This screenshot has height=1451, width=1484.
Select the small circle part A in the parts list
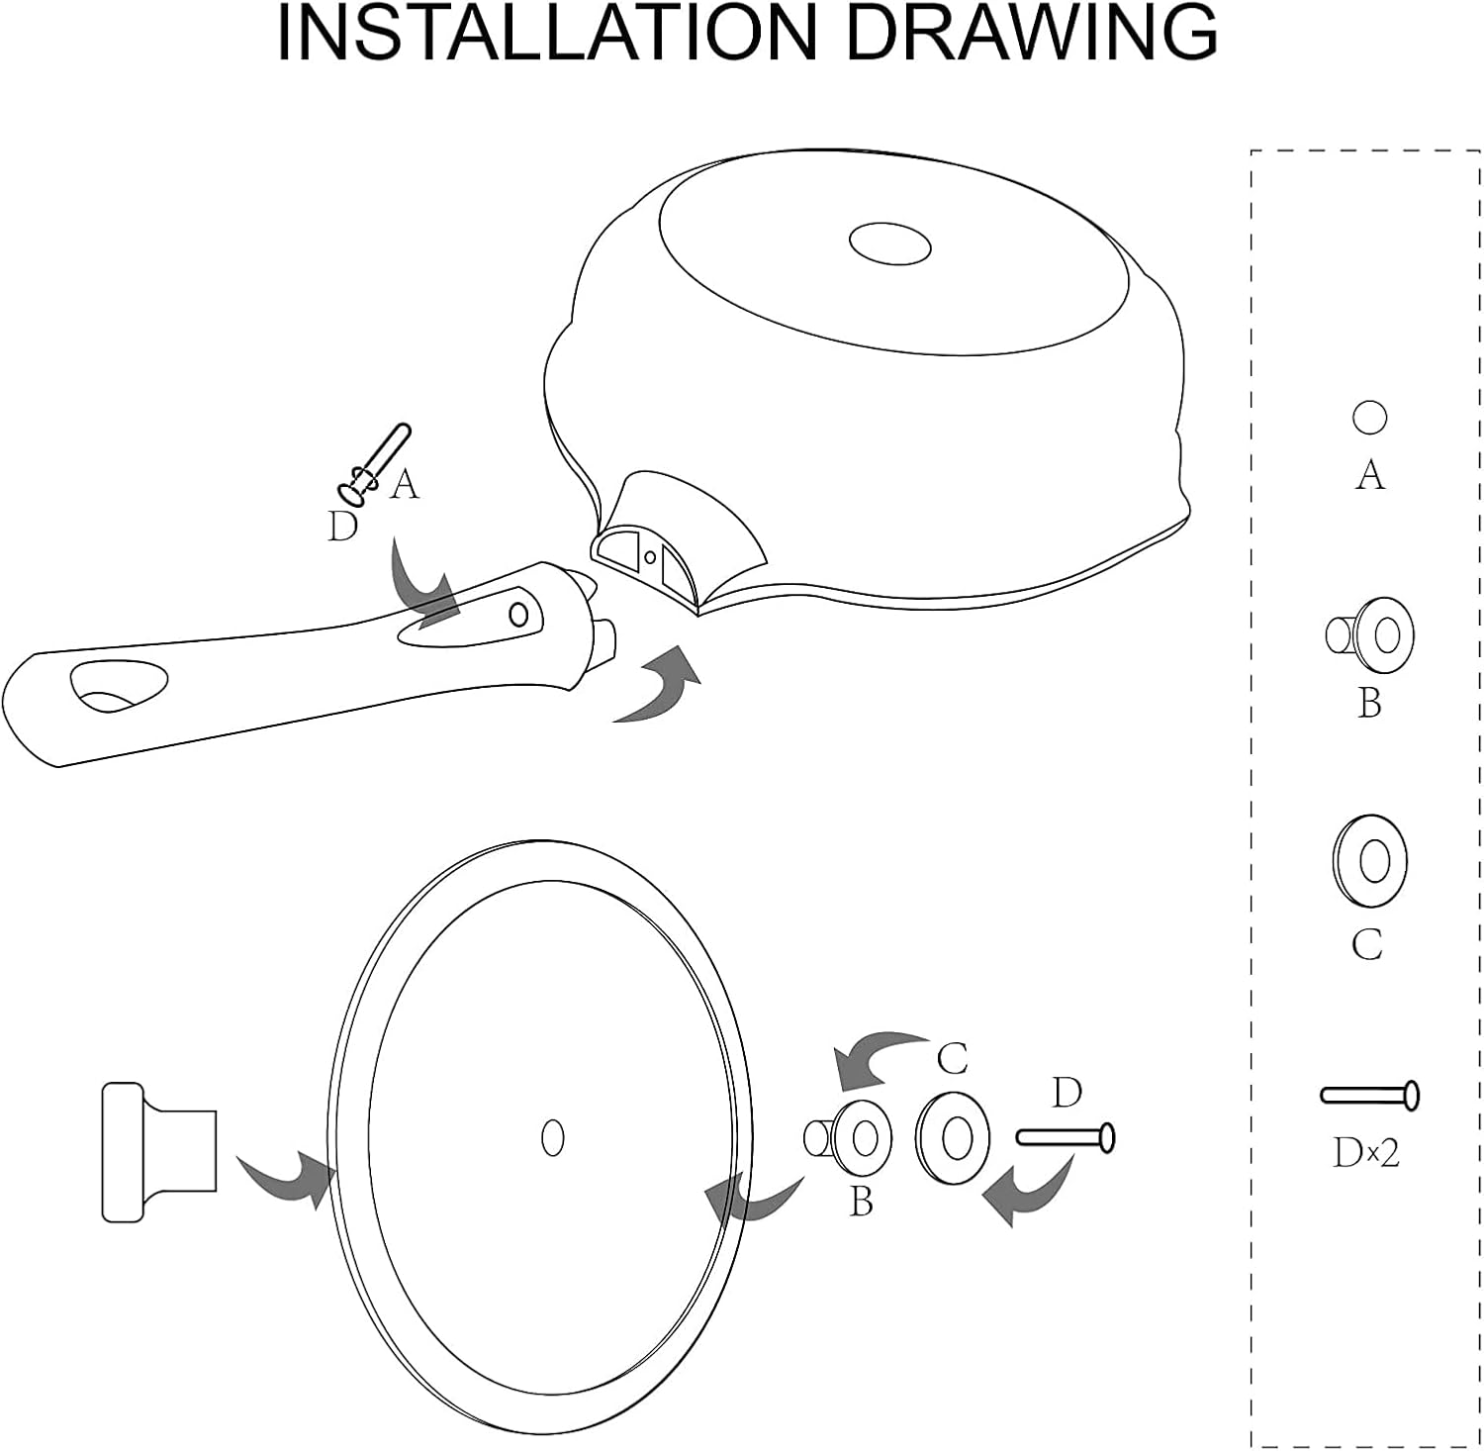coord(1369,417)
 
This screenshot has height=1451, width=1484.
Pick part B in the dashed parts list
coord(1370,634)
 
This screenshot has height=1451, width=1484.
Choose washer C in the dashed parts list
coord(1369,861)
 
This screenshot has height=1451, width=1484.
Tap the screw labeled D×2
coord(1370,1096)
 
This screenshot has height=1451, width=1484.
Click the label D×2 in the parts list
coord(1366,1152)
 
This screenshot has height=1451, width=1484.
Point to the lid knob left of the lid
coord(159,1151)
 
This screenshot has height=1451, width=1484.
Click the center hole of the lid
coord(553,1137)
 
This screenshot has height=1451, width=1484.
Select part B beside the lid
coord(849,1138)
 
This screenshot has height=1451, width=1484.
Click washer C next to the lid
coord(953,1138)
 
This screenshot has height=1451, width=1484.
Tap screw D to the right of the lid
coord(1066,1137)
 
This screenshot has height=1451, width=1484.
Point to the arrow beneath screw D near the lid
coord(1029,1193)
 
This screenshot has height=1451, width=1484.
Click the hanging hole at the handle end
coord(119,686)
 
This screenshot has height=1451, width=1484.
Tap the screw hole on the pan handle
coord(518,615)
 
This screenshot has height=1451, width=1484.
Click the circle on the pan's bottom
coord(890,242)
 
